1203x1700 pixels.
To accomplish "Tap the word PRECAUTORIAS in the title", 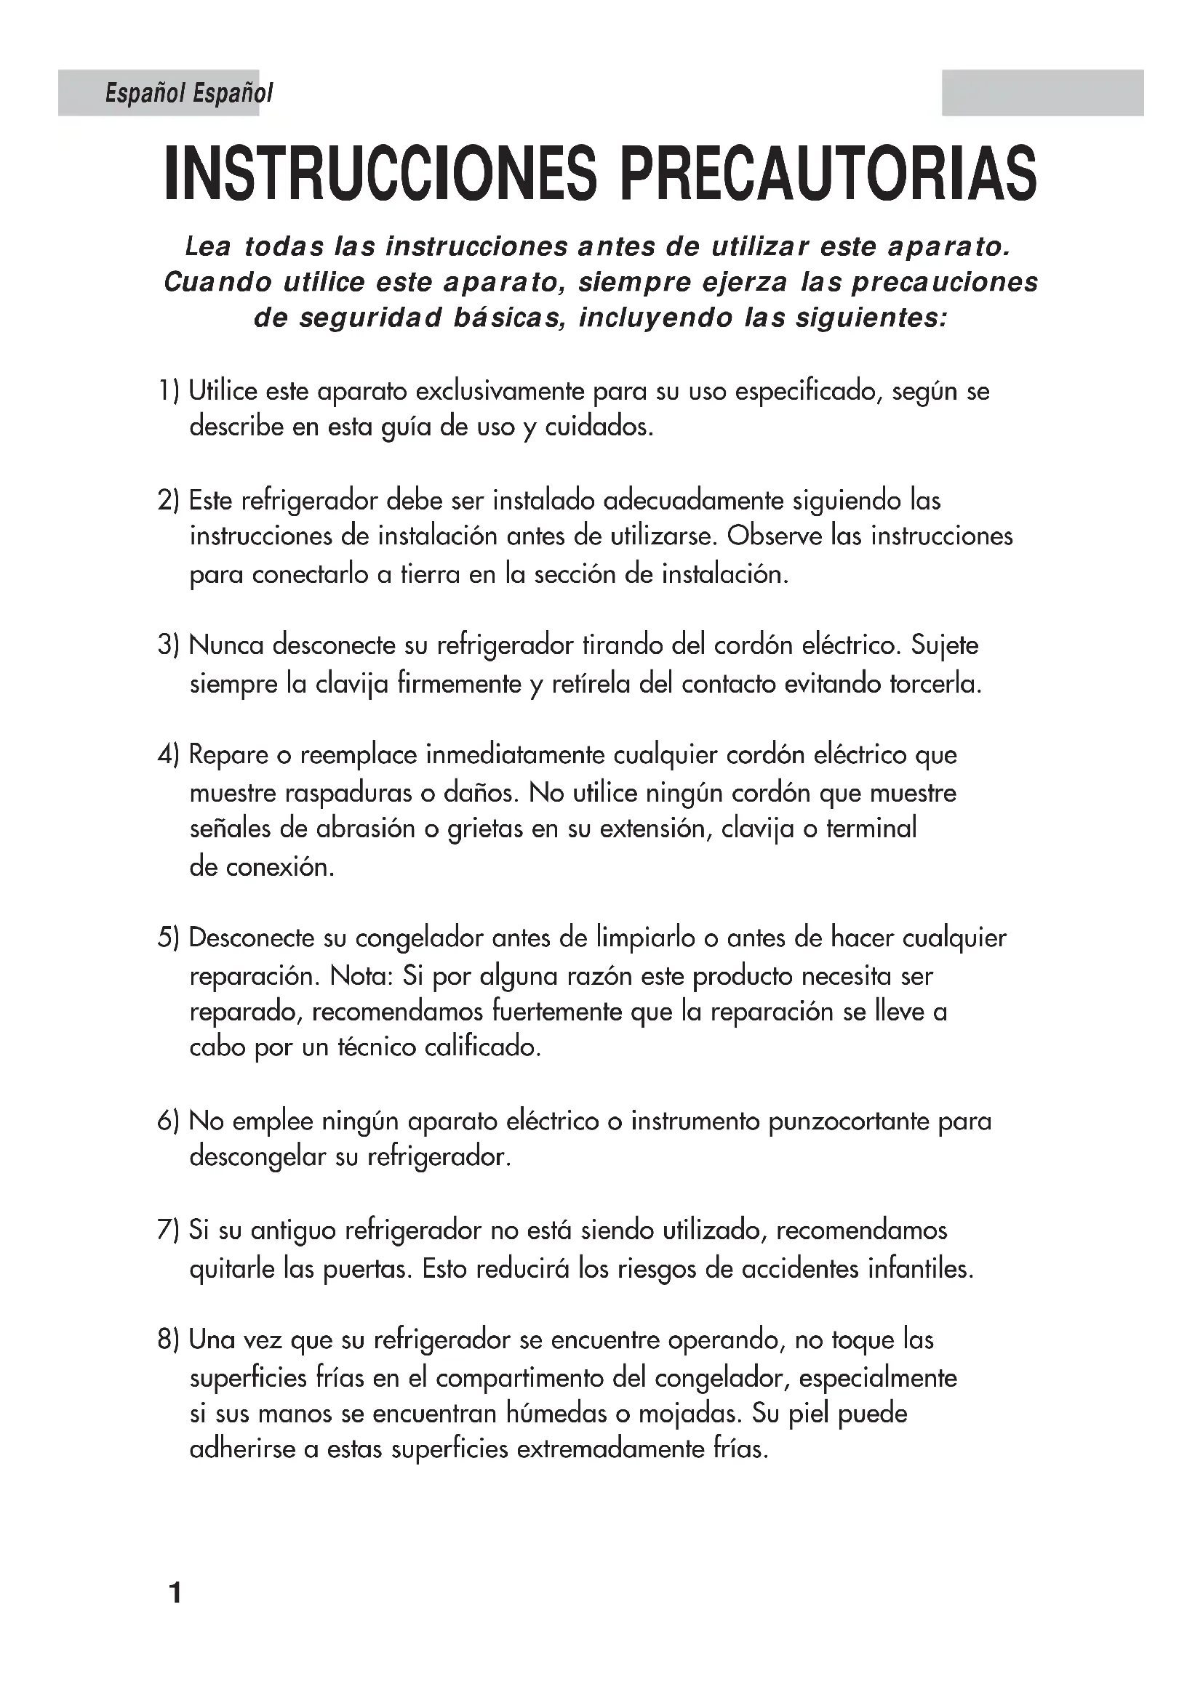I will pos(828,173).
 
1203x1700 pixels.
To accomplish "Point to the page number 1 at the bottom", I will pos(175,1592).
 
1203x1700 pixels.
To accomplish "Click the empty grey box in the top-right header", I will pos(1043,92).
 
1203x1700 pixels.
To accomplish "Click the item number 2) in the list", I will pos(169,501).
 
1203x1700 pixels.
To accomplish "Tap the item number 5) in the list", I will pos(169,938).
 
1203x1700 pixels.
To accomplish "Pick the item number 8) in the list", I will pos(169,1340).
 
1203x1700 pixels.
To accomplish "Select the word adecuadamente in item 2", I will pos(693,501).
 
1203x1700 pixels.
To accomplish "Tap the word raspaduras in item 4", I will pos(349,794).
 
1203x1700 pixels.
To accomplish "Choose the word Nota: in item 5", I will pos(361,976).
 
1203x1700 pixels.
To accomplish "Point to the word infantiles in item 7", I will pos(920,1269).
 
